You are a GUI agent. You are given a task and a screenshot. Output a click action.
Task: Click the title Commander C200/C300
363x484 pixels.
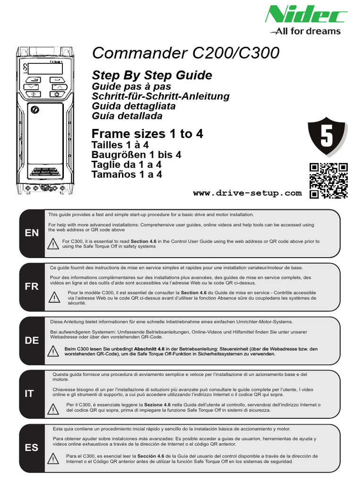point(186,53)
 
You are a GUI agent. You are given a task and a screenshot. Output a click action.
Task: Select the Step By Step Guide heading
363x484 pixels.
point(152,75)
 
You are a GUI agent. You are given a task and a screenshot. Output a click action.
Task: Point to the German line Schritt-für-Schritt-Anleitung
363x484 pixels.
point(161,96)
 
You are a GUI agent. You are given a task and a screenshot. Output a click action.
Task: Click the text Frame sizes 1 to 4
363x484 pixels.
point(147,134)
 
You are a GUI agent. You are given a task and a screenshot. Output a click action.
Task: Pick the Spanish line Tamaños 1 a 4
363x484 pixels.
point(127,174)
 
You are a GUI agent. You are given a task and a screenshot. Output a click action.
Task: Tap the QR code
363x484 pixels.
point(328,181)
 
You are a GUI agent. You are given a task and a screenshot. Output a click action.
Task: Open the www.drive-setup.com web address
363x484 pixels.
point(247,193)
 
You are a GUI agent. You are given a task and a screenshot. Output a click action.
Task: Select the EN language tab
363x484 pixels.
point(32,233)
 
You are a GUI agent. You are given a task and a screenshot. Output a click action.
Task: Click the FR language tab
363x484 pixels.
point(32,287)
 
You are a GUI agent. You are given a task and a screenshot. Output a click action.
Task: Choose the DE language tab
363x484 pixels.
point(32,341)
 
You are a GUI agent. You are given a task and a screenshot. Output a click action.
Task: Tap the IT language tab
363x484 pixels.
point(29,394)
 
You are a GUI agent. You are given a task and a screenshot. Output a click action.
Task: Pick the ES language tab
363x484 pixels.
point(32,447)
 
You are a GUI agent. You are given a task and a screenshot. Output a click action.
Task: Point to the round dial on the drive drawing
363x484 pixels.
point(34,109)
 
